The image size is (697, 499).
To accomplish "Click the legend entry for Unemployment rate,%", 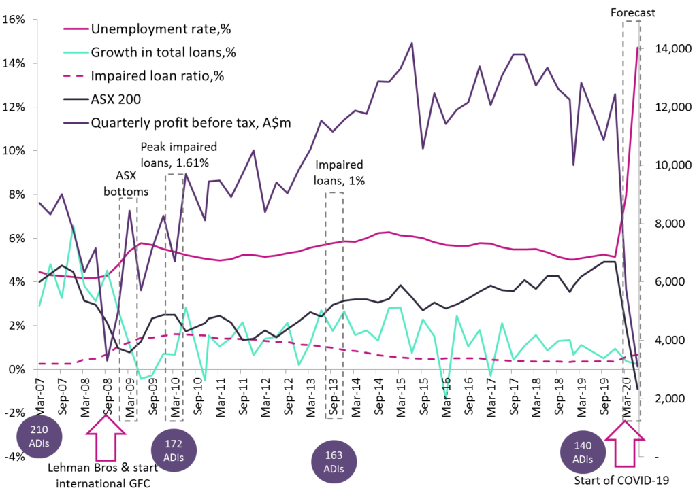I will (157, 29).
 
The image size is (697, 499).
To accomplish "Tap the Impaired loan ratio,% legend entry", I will (157, 75).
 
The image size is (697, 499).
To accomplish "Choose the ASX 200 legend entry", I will (116, 99).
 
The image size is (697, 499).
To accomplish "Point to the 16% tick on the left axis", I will (15, 20).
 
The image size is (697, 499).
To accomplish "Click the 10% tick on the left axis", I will (15, 151).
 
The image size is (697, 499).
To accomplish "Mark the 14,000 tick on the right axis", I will (675, 50).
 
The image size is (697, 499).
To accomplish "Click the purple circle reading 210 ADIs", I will (39, 436).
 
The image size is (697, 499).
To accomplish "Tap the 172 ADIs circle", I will (174, 451).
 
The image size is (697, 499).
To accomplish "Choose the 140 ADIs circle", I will (583, 452).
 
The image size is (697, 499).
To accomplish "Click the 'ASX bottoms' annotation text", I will (126, 184).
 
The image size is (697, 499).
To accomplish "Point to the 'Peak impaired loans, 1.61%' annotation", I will (178, 154).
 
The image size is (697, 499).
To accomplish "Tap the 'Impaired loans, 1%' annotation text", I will (339, 173).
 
